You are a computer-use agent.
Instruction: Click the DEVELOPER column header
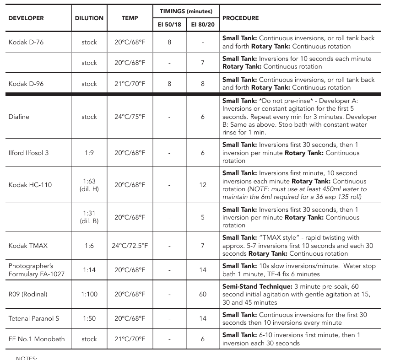coord(26,18)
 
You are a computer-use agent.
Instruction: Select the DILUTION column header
coord(89,18)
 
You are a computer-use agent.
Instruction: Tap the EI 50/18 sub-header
coord(169,24)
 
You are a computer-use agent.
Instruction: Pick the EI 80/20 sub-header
coord(202,24)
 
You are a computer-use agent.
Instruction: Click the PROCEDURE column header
coord(240,18)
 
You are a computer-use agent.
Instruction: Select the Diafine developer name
coord(19,117)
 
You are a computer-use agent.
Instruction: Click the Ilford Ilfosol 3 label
coord(28,153)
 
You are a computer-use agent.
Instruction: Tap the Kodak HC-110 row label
coord(30,185)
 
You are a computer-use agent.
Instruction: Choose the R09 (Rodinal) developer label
coord(28,294)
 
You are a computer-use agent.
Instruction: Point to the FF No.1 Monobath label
coord(37,339)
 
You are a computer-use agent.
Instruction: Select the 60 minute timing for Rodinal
coord(203,294)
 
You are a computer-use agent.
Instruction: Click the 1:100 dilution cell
coord(89,294)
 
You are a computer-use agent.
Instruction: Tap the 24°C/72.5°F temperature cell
coord(130,246)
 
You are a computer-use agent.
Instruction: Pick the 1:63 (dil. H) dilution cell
coord(89,185)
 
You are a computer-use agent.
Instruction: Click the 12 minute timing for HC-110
coord(203,185)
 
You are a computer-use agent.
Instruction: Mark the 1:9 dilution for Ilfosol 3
coord(89,153)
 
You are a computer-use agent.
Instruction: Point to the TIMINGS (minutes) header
coord(185,10)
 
